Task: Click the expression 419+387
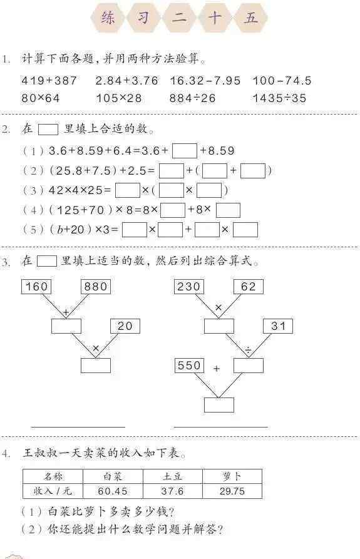tap(49, 81)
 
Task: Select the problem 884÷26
tap(192, 98)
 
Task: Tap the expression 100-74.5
tap(282, 81)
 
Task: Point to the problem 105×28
tap(119, 98)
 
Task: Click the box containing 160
tap(36, 287)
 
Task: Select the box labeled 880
tap(96, 287)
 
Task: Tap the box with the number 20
tap(125, 326)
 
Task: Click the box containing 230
tap(189, 287)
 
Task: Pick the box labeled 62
tap(249, 287)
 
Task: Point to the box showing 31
tap(278, 326)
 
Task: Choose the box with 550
tap(189, 366)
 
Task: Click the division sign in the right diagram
tap(249, 351)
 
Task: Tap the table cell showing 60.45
tap(113, 491)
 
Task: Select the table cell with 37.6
tap(173, 491)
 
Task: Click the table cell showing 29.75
tap(232, 491)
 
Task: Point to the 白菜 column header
tap(113, 476)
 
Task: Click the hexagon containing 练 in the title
tap(108, 18)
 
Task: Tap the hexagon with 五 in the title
tap(250, 18)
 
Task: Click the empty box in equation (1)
tap(185, 151)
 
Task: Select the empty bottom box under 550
tap(219, 405)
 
